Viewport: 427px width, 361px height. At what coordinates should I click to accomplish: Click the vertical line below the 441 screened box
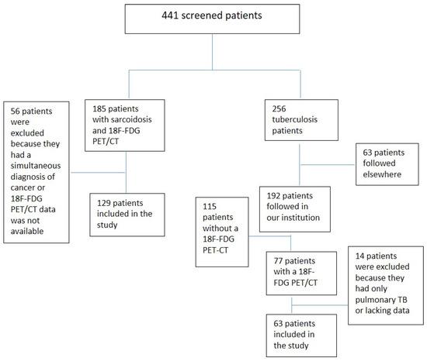click(212, 57)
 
